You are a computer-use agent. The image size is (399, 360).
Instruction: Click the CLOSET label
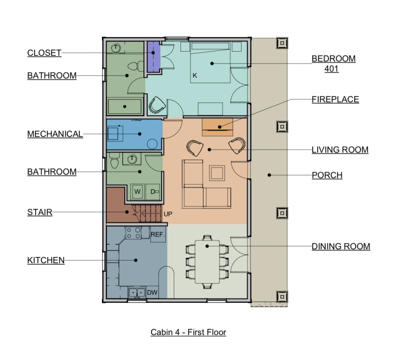(x=44, y=53)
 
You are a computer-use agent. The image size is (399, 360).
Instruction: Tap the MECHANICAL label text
(x=55, y=134)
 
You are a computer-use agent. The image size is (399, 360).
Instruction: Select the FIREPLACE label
(x=336, y=99)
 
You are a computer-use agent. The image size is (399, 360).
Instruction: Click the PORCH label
(x=327, y=175)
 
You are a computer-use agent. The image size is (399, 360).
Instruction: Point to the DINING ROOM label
(x=341, y=246)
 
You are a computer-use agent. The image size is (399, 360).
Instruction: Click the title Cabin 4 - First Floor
(x=188, y=332)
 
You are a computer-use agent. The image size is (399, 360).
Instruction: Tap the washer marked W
(x=137, y=192)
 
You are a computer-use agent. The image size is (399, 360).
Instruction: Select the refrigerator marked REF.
(x=158, y=234)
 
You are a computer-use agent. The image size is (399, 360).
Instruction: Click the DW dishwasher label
(x=152, y=293)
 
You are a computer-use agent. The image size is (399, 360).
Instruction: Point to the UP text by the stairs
(x=168, y=214)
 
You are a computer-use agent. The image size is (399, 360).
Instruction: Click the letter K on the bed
(x=195, y=76)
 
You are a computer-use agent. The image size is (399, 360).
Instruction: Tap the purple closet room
(x=154, y=56)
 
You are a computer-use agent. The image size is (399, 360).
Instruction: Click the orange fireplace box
(x=218, y=127)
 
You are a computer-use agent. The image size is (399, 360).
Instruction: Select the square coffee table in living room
(x=217, y=173)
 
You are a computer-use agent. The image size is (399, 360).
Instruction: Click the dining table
(x=207, y=262)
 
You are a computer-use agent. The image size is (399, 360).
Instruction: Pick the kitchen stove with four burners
(x=133, y=233)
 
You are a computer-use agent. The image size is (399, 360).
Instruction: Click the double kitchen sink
(x=137, y=293)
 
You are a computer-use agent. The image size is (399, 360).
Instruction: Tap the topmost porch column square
(x=282, y=43)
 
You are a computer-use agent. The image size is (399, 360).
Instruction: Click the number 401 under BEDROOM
(x=331, y=69)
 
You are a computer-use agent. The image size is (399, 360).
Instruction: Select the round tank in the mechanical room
(x=152, y=144)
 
